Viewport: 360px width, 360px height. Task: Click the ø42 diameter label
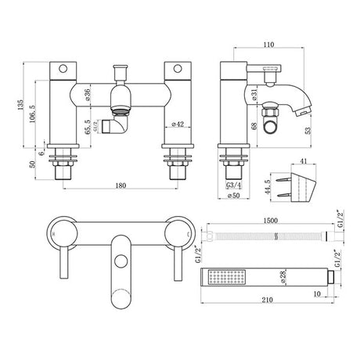tap(177, 124)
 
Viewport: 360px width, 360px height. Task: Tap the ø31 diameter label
tap(256, 95)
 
